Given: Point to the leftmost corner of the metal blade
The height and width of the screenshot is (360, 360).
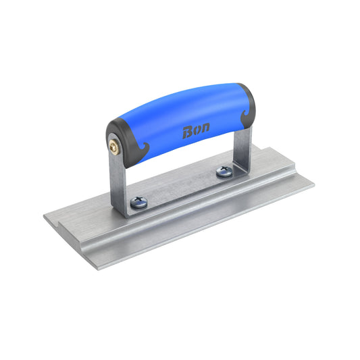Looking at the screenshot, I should (x=45, y=215).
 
